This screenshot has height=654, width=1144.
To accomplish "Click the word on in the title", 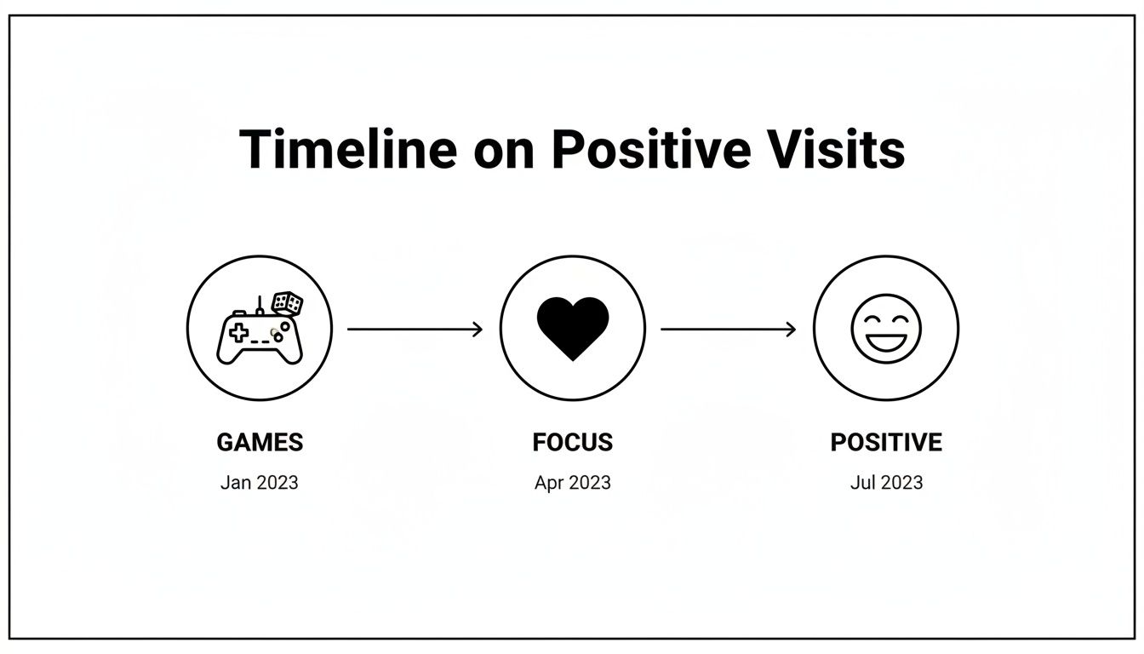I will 503,152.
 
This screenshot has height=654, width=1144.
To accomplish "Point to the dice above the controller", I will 287,303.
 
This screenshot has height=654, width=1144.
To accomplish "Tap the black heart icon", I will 573,328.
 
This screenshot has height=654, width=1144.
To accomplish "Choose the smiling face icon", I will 886,328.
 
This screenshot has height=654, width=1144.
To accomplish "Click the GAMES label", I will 260,443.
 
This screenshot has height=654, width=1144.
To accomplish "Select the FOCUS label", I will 572,443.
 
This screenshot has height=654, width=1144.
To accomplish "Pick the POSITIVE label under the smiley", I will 886,443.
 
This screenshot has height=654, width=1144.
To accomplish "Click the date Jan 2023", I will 260,483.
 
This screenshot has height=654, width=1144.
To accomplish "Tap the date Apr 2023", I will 572,483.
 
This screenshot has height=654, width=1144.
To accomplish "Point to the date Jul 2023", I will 886,483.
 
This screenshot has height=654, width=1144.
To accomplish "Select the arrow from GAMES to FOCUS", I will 415,329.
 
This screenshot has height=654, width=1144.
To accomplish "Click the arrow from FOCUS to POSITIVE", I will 729,329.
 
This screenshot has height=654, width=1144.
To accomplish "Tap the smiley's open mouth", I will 886,340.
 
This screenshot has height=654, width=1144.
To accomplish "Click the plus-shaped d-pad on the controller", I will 238,333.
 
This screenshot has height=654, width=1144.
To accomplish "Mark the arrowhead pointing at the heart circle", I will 478,329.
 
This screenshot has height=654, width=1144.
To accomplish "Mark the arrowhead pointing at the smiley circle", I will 791,329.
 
